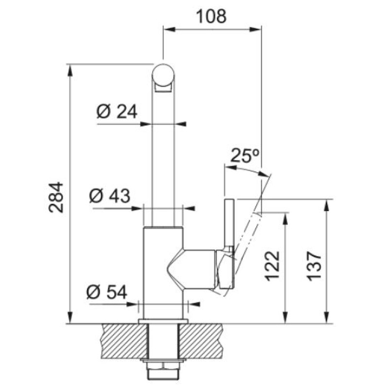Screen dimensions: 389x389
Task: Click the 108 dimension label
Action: click(x=211, y=17)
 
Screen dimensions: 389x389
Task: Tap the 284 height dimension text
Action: click(x=56, y=197)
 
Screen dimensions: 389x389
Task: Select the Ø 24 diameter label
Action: click(x=117, y=111)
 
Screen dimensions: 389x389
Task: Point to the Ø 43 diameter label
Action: click(x=109, y=195)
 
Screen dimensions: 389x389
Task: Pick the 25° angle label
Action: click(x=245, y=156)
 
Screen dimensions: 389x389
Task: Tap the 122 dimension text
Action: click(x=272, y=266)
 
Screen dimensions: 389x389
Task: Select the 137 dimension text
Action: click(x=314, y=266)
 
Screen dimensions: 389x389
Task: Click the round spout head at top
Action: click(x=163, y=75)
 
